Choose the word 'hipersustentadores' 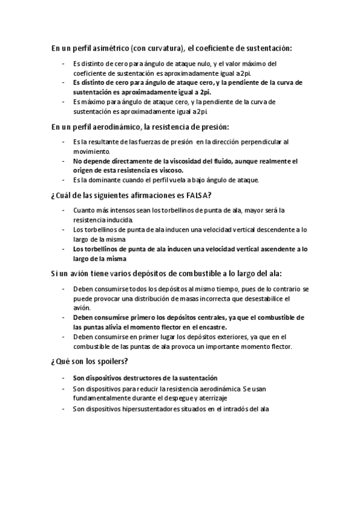click(x=145, y=409)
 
